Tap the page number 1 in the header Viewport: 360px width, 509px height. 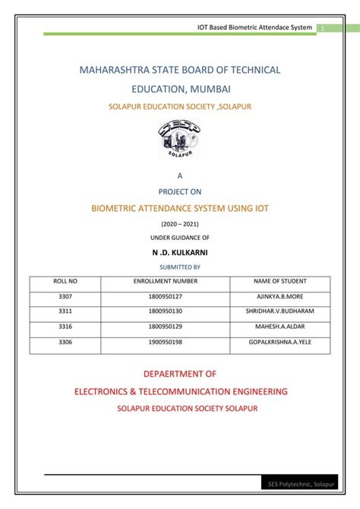pos(322,28)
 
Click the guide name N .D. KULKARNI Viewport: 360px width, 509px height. pos(180,252)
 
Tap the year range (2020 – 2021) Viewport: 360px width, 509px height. pos(180,225)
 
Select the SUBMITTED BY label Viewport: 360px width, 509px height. pos(180,267)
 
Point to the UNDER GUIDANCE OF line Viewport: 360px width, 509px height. pos(180,238)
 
